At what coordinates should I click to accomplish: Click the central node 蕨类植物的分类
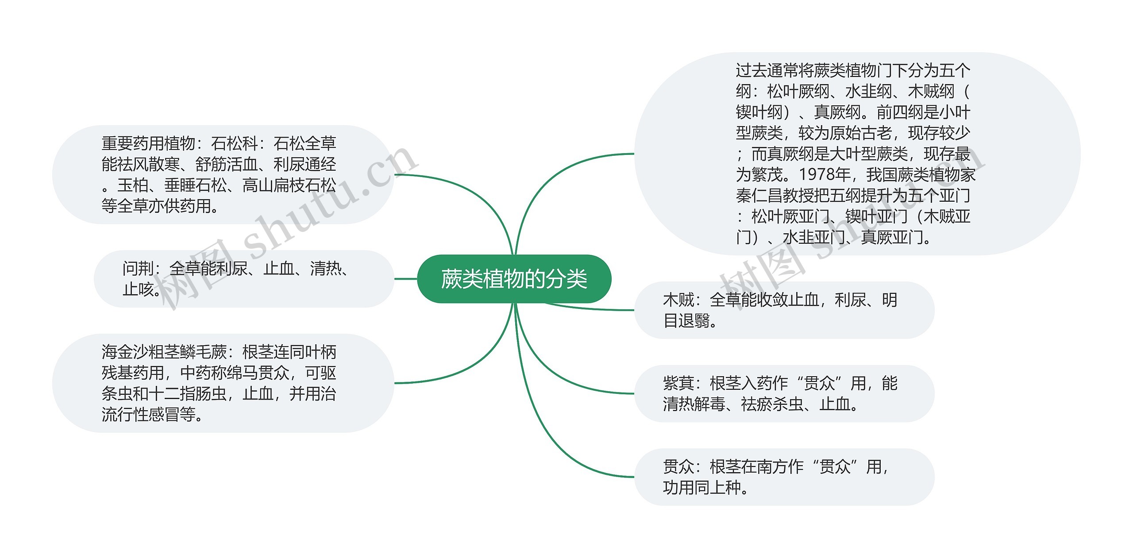click(514, 279)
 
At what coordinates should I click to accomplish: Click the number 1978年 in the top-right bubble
click(825, 174)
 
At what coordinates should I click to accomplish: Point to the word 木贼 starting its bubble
click(678, 300)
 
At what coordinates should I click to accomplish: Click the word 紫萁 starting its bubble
click(678, 383)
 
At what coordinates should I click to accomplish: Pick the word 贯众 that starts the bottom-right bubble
click(678, 466)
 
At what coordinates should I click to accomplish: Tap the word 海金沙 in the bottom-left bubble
click(125, 352)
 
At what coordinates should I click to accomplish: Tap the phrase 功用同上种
click(701, 487)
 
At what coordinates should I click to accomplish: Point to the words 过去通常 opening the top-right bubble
click(767, 70)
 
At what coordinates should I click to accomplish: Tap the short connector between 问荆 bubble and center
click(405, 279)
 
